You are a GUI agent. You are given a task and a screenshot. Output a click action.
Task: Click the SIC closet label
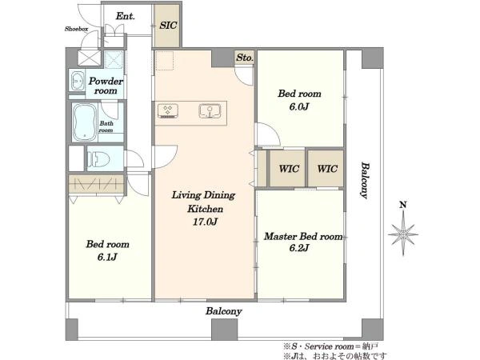click(168, 25)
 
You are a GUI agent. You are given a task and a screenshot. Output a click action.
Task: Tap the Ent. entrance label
click(126, 16)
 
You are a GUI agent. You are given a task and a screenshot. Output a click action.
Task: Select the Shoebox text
click(77, 29)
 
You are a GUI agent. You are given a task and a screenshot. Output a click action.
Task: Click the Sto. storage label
click(245, 58)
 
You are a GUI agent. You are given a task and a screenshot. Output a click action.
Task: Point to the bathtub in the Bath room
click(84, 122)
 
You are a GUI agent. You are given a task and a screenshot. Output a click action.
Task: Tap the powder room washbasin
click(78, 81)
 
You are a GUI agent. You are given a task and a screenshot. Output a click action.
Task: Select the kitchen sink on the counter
click(210, 111)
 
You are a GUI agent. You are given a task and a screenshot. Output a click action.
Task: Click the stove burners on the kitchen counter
click(168, 111)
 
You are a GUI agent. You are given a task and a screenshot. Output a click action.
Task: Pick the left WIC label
click(289, 169)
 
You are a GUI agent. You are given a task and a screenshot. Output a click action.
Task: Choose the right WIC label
click(327, 169)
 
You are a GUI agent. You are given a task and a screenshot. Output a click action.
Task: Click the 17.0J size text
click(205, 222)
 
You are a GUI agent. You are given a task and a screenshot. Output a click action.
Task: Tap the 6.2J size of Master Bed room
click(298, 248)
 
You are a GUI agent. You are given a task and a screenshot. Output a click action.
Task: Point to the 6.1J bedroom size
click(107, 257)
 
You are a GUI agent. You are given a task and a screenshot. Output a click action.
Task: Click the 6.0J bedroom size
click(298, 106)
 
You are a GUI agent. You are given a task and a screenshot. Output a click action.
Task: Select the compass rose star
click(403, 234)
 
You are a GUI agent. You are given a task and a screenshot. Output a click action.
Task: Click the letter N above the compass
click(403, 205)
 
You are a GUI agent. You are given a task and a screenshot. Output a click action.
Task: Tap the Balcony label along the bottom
click(224, 311)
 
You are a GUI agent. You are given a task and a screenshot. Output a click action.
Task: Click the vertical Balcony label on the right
click(365, 180)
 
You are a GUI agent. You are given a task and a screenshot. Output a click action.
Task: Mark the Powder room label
click(106, 86)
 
